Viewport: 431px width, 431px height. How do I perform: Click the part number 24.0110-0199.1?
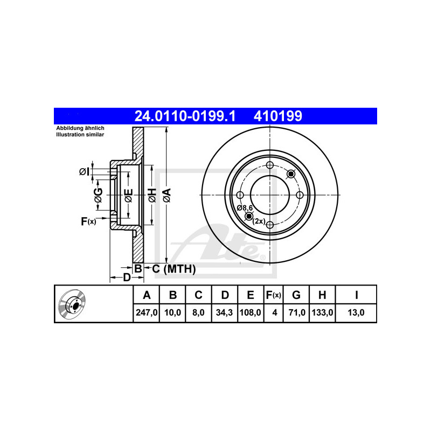[185, 116]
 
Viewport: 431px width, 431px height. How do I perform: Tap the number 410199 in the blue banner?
[278, 116]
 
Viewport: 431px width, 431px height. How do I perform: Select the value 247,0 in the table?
[147, 312]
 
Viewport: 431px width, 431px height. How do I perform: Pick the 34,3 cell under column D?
[224, 312]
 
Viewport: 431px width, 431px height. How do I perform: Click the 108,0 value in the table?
[251, 312]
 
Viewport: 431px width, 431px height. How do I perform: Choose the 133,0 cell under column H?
[322, 312]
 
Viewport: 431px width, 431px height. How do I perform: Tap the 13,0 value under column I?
[356, 312]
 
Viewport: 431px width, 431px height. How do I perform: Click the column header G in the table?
[296, 295]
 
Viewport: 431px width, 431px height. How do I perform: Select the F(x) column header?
[274, 295]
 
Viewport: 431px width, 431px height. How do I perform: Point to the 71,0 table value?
[297, 312]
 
